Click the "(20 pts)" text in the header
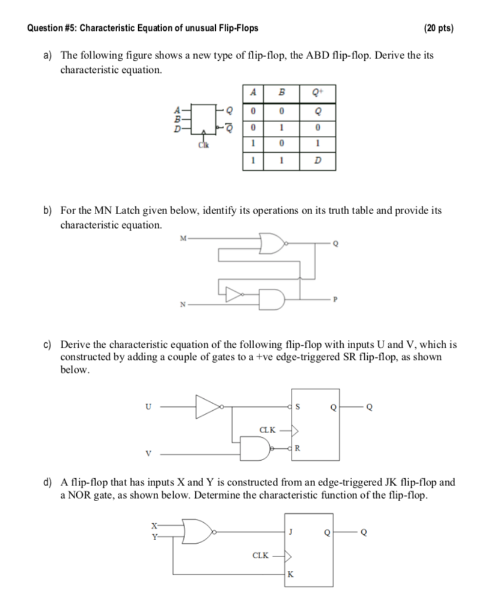coord(438,28)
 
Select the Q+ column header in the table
coord(317,93)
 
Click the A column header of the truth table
coord(253,93)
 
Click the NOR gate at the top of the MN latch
coord(274,244)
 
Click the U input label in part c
coord(148,407)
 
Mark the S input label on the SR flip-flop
coord(297,407)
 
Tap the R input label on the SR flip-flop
coord(297,448)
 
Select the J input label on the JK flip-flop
coord(291,532)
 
